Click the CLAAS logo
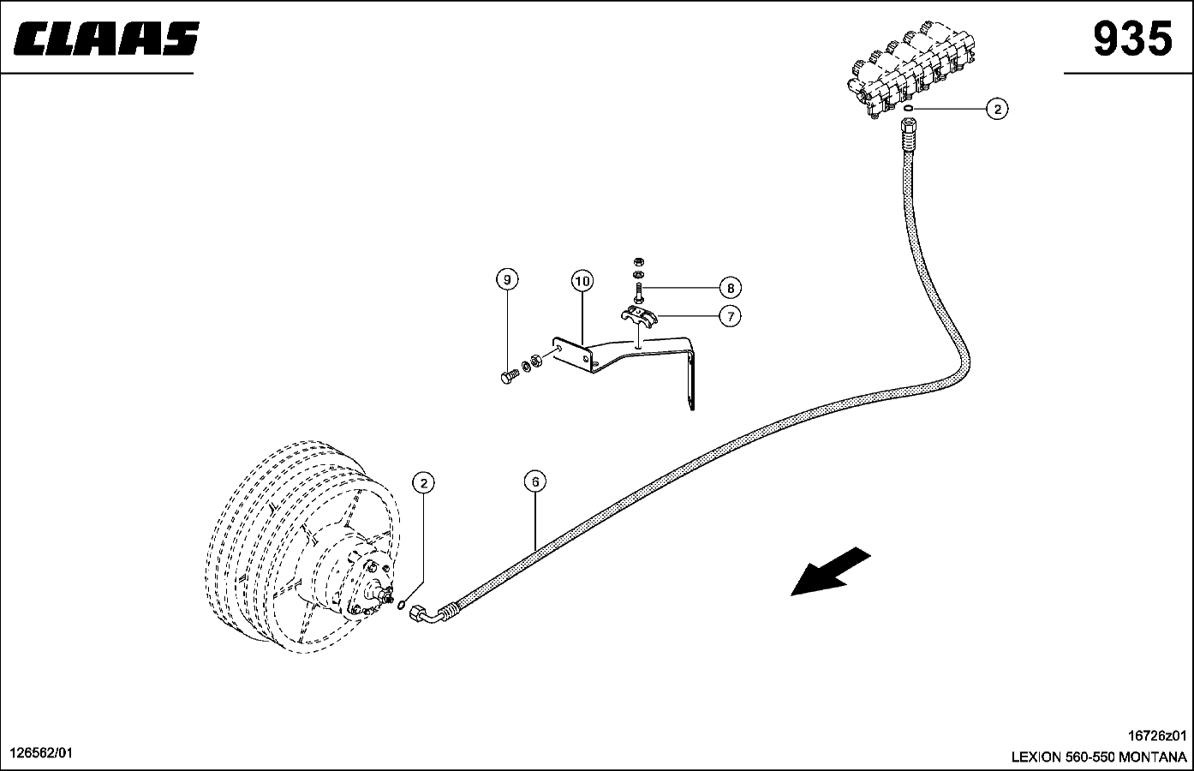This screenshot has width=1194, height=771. [x=106, y=39]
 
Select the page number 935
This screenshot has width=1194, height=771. [x=1132, y=39]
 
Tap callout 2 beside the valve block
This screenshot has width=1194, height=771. [x=997, y=109]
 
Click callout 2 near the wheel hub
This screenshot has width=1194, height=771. [x=423, y=483]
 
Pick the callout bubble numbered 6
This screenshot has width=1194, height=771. [x=535, y=481]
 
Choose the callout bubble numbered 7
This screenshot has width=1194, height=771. [x=731, y=316]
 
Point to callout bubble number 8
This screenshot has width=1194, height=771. [x=731, y=288]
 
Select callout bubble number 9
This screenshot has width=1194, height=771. [x=507, y=279]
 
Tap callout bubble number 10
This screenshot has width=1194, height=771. [x=582, y=280]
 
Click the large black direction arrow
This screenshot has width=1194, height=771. [x=830, y=571]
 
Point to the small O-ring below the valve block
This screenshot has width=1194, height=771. [x=908, y=109]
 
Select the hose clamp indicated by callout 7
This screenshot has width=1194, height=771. [x=639, y=314]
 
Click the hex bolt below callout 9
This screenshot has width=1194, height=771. [x=510, y=376]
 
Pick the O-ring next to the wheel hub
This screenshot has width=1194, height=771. [x=402, y=605]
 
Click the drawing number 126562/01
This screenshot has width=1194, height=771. [x=41, y=753]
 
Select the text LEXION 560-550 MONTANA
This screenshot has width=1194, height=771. [x=1099, y=757]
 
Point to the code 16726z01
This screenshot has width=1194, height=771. [x=1157, y=736]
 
